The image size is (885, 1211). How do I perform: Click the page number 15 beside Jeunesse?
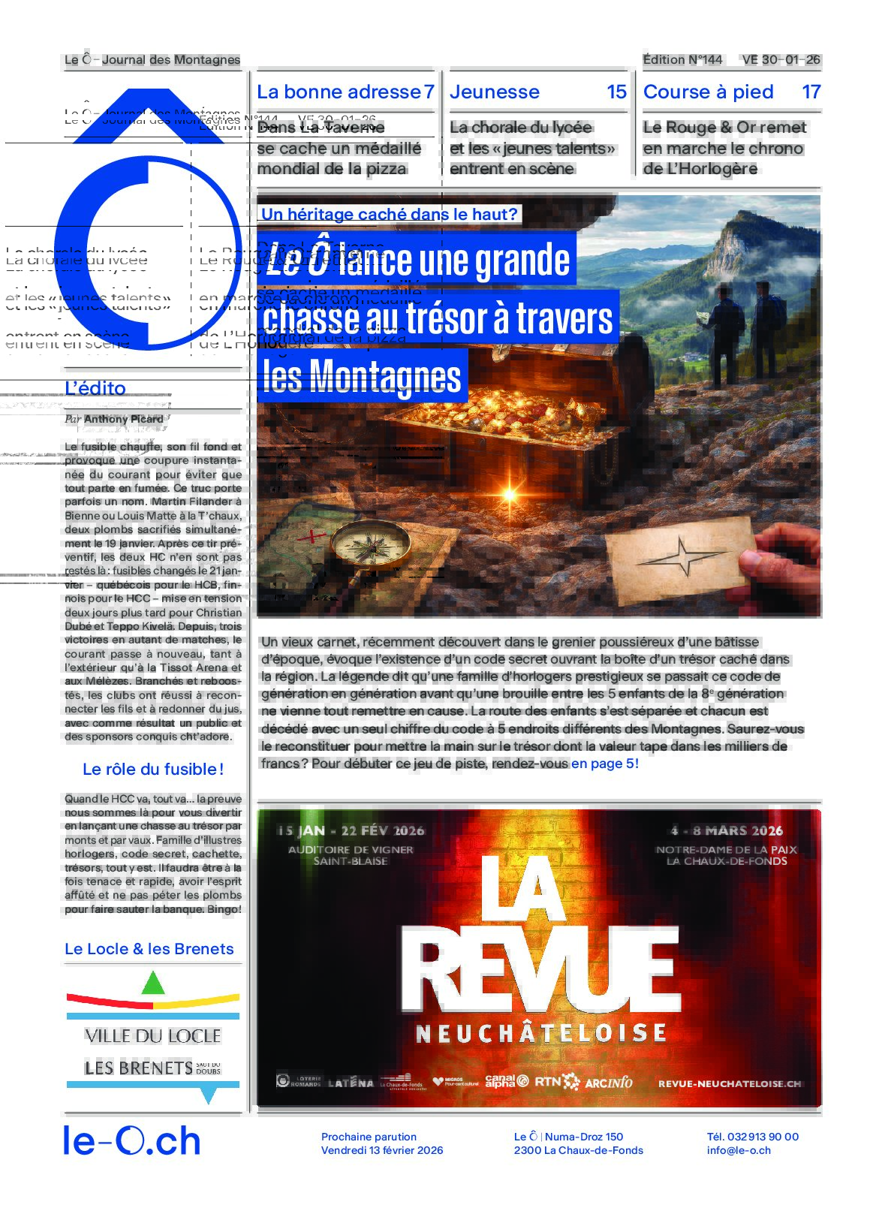pyautogui.click(x=616, y=92)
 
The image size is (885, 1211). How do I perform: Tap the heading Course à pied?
pyautogui.click(x=708, y=92)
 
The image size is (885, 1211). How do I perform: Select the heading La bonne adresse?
pyautogui.click(x=339, y=92)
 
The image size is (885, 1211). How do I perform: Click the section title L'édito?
pyautogui.click(x=95, y=388)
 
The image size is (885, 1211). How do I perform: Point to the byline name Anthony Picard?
pyautogui.click(x=124, y=419)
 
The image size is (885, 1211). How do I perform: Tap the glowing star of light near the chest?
pyautogui.click(x=510, y=494)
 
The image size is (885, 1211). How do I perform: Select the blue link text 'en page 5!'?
pyautogui.click(x=605, y=764)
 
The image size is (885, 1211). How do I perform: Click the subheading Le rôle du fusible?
pyautogui.click(x=153, y=769)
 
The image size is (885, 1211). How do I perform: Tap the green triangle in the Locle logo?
pyautogui.click(x=153, y=983)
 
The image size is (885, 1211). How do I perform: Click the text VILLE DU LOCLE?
pyautogui.click(x=153, y=1036)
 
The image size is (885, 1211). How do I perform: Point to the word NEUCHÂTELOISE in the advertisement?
pyautogui.click(x=541, y=1033)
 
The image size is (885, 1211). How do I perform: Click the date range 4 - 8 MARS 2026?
pyautogui.click(x=727, y=831)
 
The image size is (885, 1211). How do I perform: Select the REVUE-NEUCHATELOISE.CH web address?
pyautogui.click(x=730, y=1083)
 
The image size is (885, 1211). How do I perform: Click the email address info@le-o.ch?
pyautogui.click(x=739, y=1150)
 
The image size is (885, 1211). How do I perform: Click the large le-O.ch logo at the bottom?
pyautogui.click(x=132, y=1141)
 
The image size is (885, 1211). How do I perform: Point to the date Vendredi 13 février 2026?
pyautogui.click(x=382, y=1150)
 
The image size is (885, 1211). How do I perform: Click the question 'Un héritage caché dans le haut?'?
pyautogui.click(x=390, y=214)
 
